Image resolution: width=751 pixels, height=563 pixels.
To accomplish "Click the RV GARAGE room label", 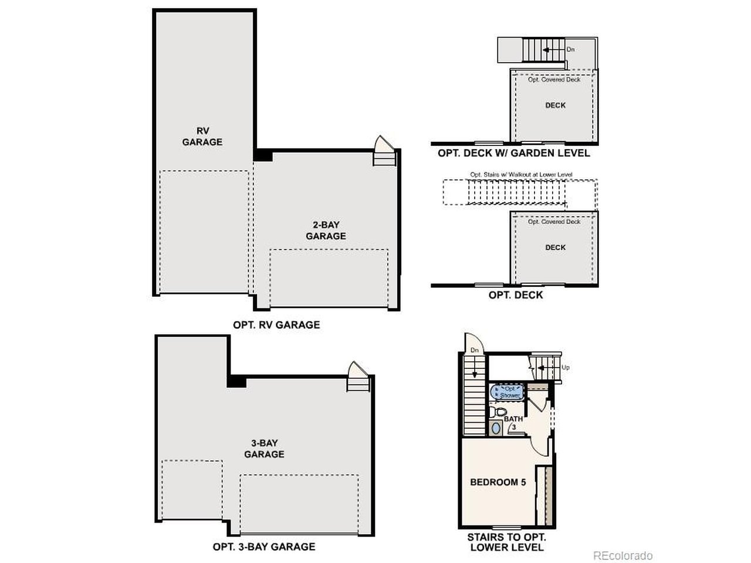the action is coord(202,137).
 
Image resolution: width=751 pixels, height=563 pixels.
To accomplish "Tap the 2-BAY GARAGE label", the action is coord(326,230).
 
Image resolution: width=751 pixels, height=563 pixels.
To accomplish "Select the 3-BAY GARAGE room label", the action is coord(264,449).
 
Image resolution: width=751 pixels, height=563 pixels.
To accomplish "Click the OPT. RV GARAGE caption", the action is coord(276,325).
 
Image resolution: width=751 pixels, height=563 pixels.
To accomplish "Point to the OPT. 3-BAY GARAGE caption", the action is coord(264,547).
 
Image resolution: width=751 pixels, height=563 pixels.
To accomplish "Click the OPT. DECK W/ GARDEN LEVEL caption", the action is coord(514,153).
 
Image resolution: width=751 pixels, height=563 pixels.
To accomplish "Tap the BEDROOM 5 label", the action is coord(498,482).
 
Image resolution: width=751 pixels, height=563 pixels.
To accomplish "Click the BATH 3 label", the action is coord(513,423).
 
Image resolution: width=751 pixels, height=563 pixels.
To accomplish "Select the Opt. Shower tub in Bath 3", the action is coord(507,392).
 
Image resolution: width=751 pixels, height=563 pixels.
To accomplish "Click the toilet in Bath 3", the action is coord(498,412).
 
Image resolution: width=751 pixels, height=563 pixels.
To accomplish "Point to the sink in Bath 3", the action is coord(496,428).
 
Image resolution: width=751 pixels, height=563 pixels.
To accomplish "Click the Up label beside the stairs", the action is coord(566,368).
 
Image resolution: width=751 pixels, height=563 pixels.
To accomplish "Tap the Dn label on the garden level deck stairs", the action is coord(570,49).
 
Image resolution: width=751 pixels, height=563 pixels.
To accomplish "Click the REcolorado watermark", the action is coord(623,555).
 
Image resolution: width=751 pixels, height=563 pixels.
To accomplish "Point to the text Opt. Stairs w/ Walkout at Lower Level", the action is coord(521,175).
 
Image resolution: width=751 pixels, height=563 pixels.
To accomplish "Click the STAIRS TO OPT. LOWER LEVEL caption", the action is coord(507,542).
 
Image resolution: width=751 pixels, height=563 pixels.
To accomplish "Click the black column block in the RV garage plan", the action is coord(263,155).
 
